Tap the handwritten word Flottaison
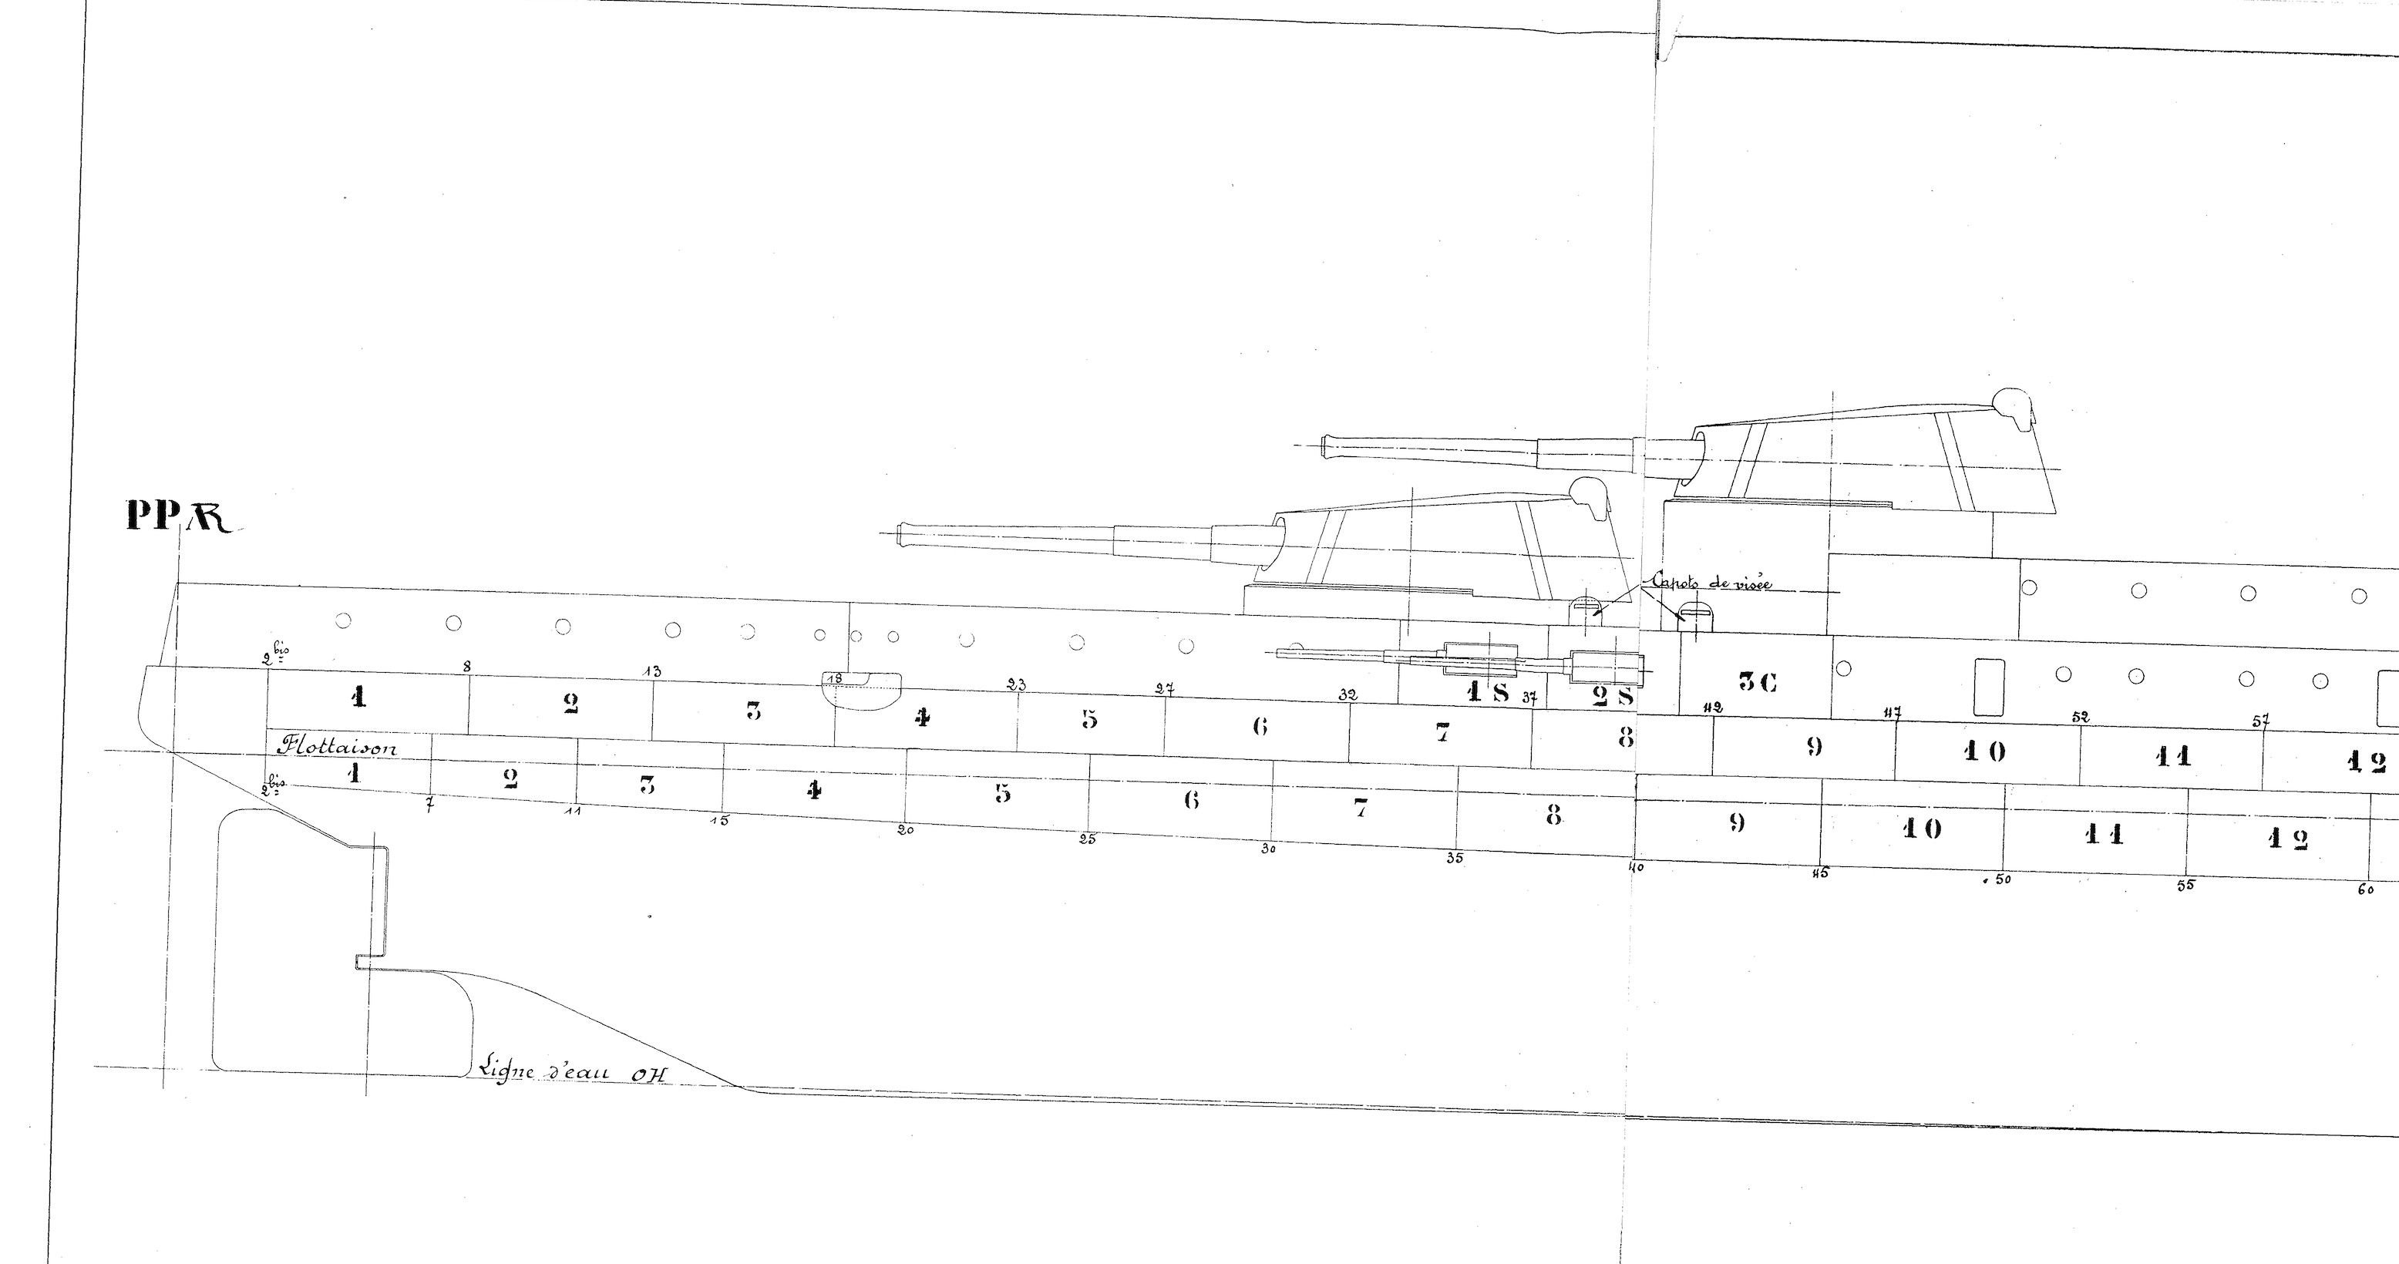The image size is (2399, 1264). (336, 748)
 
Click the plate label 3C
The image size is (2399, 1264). (1758, 682)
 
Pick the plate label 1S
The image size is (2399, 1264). (1487, 692)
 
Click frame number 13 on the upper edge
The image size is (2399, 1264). (652, 671)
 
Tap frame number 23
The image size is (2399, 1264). (1016, 685)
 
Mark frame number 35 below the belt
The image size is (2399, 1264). (1455, 858)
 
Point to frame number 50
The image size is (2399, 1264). (2000, 879)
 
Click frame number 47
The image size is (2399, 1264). (1892, 714)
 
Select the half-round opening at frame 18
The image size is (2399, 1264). (861, 691)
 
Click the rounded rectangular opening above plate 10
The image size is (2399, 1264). (1987, 687)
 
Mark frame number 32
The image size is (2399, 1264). (1348, 695)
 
